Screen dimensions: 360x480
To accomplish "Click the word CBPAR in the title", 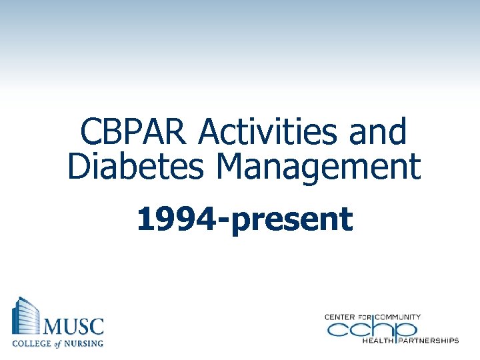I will [133, 132].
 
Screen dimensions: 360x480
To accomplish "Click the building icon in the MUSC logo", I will [25, 317].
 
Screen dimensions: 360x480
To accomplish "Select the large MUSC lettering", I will [74, 327].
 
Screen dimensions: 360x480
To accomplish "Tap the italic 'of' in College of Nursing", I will [58, 343].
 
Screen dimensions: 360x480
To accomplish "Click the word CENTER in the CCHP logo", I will [340, 316].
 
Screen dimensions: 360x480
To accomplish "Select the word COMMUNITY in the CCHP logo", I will [399, 316].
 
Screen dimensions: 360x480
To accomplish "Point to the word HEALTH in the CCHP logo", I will [378, 341].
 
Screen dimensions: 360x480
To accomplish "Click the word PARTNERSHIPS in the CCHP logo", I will [429, 341].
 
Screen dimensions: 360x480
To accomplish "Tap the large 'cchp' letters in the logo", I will [371, 328].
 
